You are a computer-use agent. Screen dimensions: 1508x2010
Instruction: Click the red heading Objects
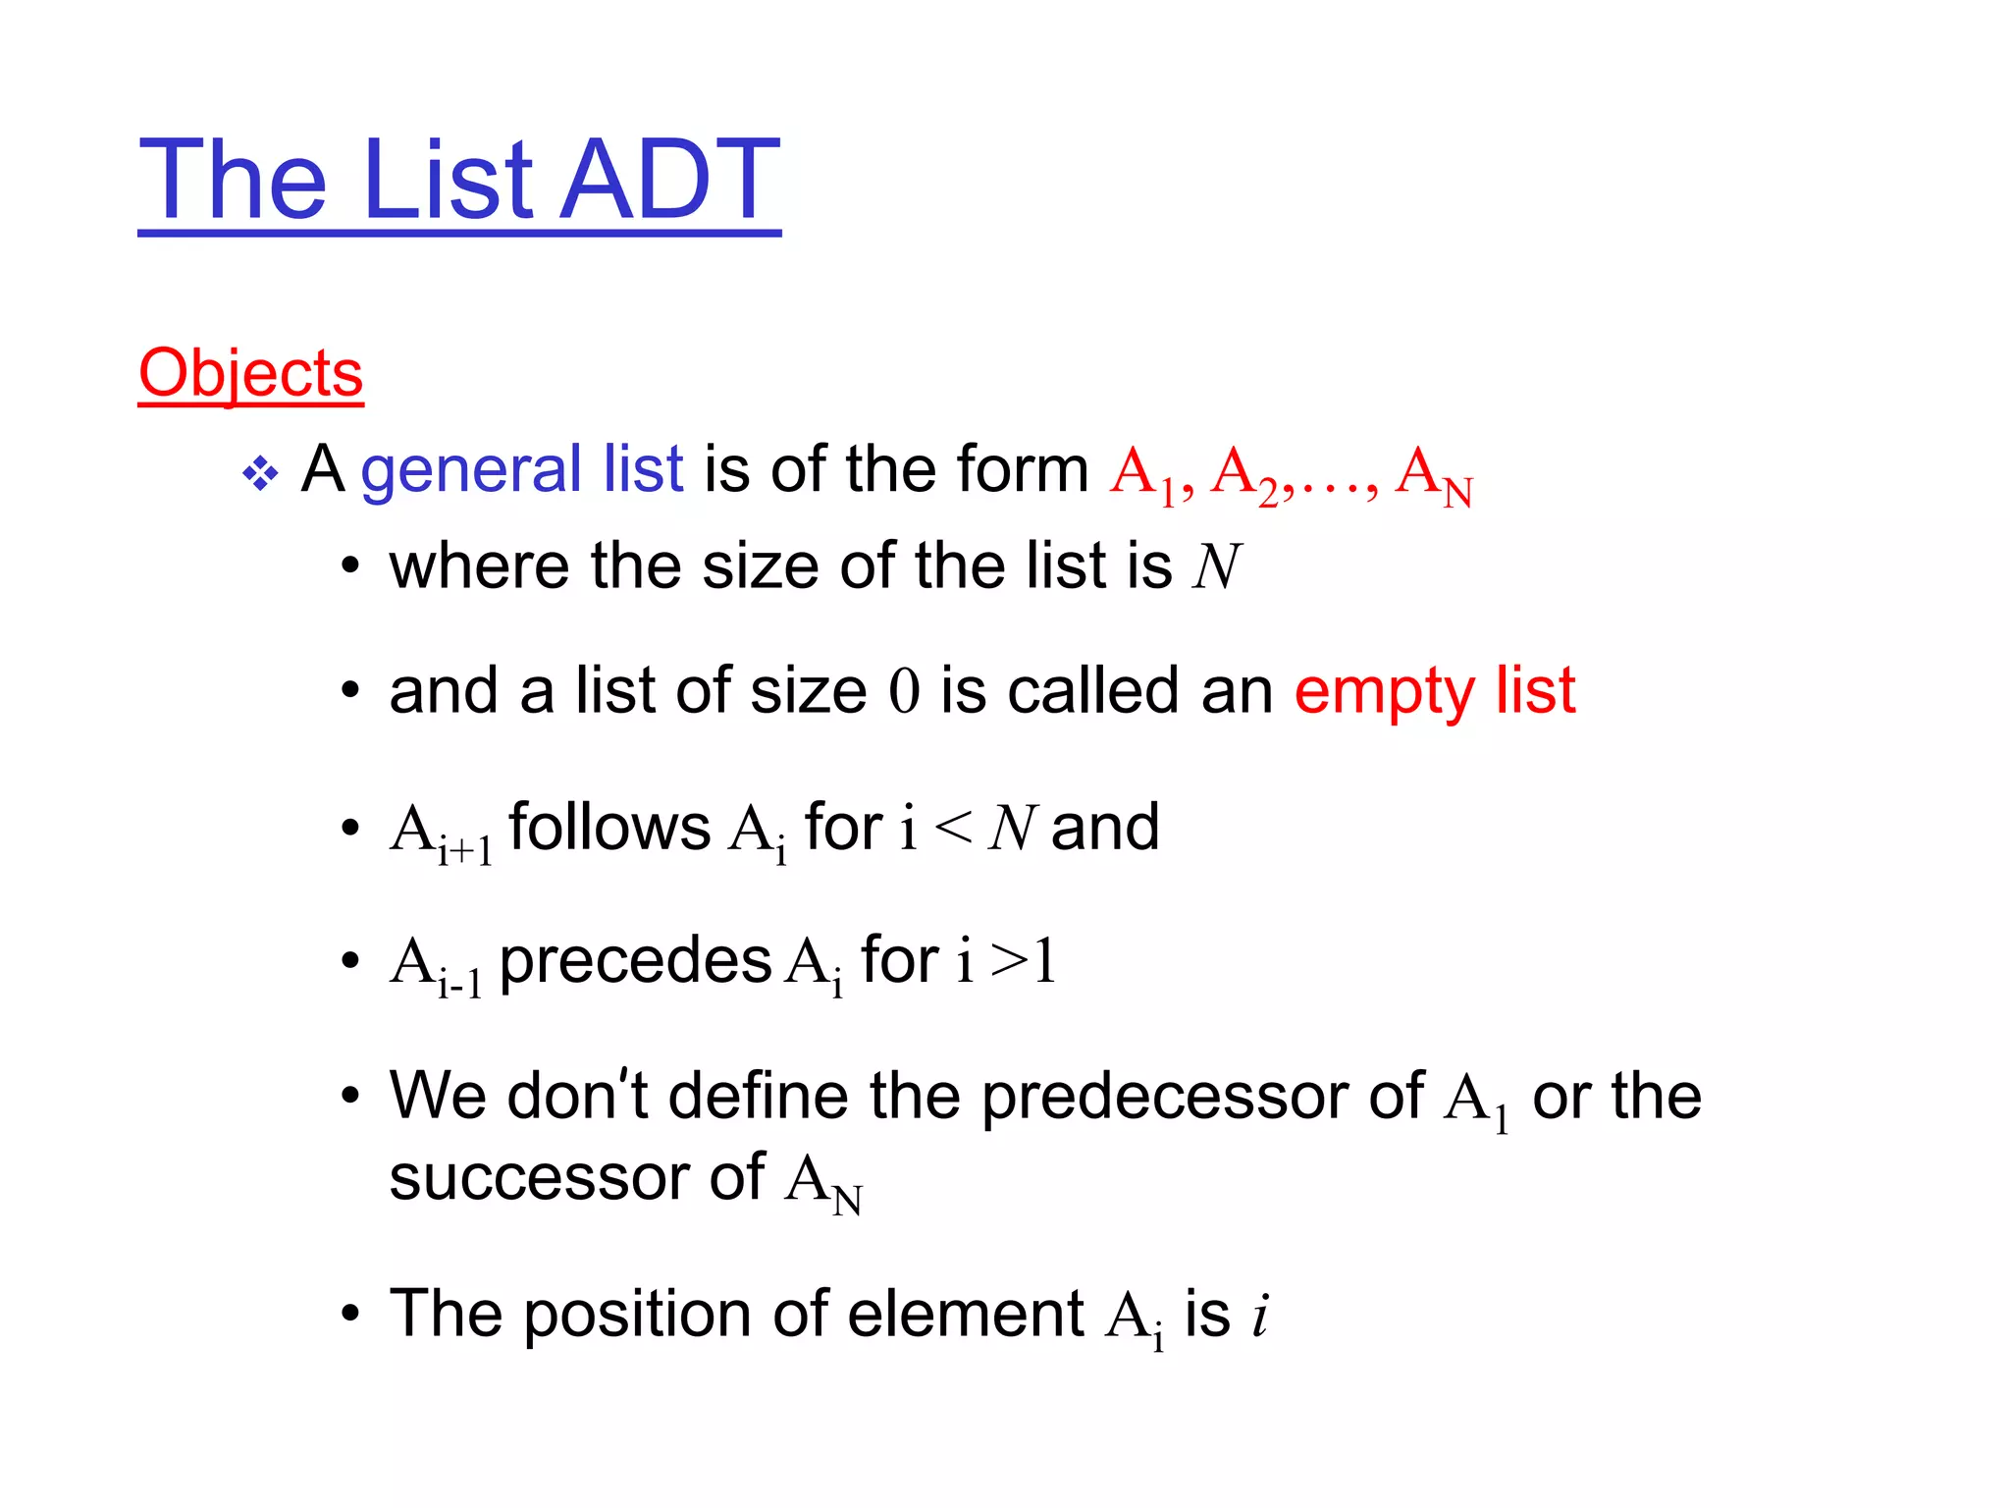250,373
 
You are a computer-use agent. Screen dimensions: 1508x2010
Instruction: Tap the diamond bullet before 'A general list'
260,474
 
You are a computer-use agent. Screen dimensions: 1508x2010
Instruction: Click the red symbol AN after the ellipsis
1433,475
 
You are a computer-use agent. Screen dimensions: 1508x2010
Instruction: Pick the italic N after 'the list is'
1217,566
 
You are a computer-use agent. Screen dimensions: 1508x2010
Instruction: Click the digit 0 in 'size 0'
904,690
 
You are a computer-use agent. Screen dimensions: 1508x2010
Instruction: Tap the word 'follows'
609,827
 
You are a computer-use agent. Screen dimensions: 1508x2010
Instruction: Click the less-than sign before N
953,828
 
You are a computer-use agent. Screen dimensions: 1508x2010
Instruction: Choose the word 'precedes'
635,960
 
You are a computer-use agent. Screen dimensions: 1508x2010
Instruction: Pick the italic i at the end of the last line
1260,1314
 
